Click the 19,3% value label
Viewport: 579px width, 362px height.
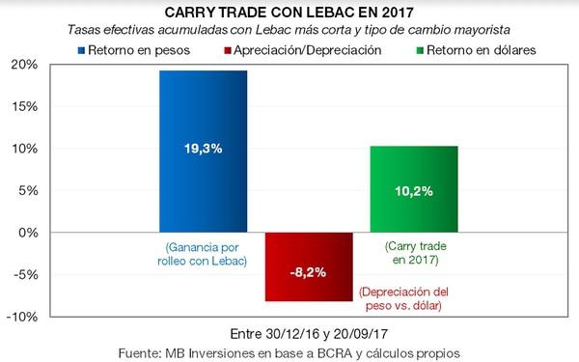click(x=205, y=151)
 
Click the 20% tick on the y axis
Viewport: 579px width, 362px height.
click(x=23, y=65)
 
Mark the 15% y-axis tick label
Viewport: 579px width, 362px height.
click(x=23, y=106)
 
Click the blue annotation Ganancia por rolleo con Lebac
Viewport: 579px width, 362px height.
click(x=205, y=253)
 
